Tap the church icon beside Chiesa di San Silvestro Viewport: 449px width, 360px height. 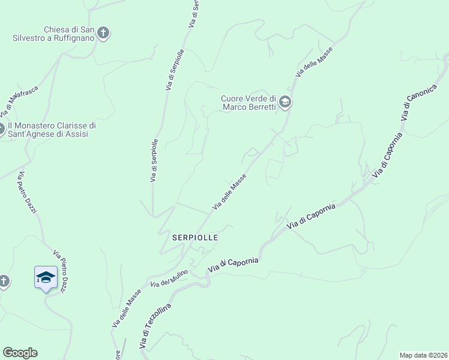(103, 32)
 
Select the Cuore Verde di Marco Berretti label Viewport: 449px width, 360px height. (249, 103)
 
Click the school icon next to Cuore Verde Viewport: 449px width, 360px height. (285, 103)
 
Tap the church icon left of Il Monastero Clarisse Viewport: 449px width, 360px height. (1, 129)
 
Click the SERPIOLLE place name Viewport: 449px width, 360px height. (194, 238)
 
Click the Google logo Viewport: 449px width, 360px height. (20, 353)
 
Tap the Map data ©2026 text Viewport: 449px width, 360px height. (423, 355)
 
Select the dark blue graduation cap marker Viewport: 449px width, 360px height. (46, 277)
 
